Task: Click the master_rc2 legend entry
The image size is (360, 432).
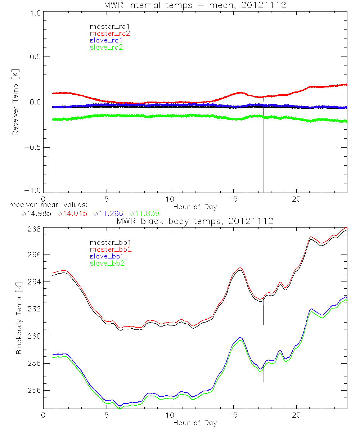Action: point(110,33)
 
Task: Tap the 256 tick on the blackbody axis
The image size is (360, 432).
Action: point(35,391)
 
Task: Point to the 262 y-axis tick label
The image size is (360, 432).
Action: point(35,309)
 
